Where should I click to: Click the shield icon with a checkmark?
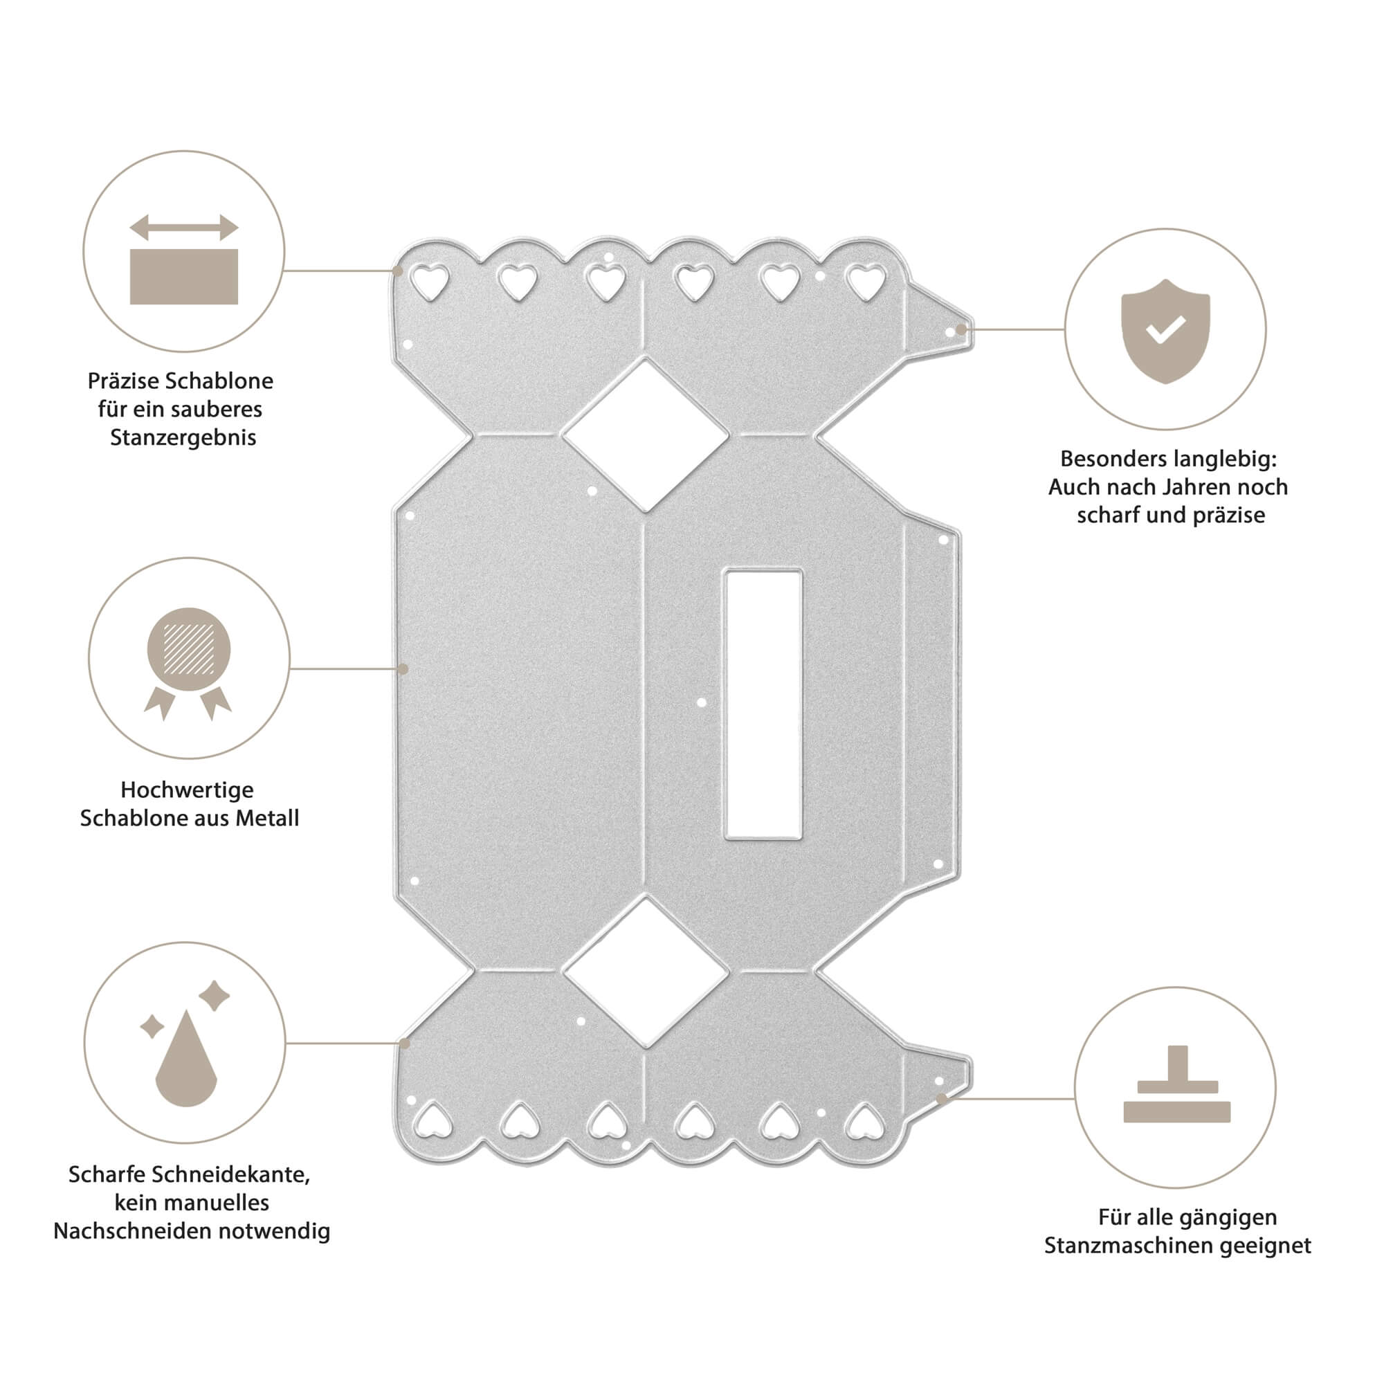pos(1165,331)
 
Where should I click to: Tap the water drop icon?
pos(185,1059)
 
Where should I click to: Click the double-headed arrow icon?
pos(183,228)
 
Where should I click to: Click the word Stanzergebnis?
pos(183,438)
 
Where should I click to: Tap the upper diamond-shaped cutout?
pos(645,435)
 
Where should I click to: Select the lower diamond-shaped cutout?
pos(646,972)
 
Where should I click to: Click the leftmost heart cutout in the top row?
pos(430,282)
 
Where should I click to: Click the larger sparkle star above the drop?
pos(213,995)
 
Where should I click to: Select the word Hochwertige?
pos(187,790)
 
